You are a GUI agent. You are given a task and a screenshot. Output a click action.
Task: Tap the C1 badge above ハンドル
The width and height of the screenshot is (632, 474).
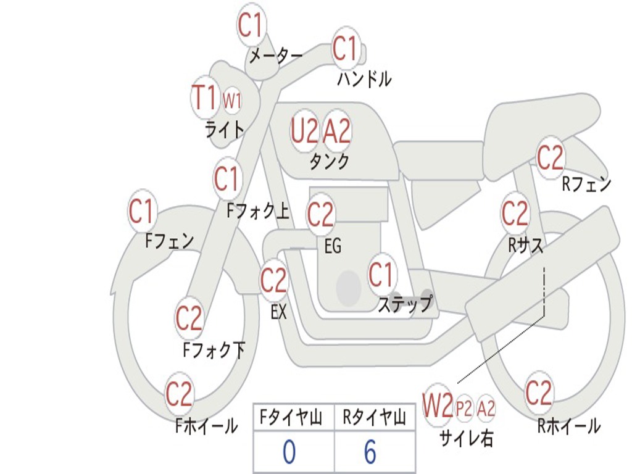coord(346,48)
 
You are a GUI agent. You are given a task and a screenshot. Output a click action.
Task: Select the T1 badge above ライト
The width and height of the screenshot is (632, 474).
coord(204,97)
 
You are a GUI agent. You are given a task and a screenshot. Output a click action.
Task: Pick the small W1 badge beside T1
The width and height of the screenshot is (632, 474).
coord(231,100)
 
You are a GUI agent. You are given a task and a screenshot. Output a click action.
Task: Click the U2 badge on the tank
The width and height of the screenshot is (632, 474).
coord(304,130)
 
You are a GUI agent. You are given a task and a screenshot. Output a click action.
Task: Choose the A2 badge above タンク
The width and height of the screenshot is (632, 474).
coord(337,130)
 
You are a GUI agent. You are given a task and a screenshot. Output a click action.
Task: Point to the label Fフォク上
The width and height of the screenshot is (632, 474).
coord(258,212)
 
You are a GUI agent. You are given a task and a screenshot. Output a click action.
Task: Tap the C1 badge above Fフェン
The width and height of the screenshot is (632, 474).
coord(141,212)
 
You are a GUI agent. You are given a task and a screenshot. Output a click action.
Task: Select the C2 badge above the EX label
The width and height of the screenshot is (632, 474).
coord(273,281)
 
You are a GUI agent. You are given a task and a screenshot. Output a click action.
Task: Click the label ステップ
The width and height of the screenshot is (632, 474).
coord(404,304)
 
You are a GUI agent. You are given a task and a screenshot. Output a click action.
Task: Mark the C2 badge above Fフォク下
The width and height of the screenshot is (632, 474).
coord(189,318)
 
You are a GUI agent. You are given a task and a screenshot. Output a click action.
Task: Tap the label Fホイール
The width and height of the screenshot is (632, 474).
coord(206,425)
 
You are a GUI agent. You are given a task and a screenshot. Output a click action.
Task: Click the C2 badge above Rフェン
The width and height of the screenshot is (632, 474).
coord(550,157)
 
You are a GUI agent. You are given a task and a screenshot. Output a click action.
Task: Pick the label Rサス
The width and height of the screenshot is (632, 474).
coord(525,245)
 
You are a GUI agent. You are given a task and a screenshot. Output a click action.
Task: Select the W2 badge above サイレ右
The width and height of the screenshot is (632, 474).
coord(438,405)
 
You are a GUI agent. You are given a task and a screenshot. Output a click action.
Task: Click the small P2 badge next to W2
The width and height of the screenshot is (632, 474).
coord(464,408)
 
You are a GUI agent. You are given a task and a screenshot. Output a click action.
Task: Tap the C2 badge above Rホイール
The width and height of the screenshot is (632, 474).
coord(538,393)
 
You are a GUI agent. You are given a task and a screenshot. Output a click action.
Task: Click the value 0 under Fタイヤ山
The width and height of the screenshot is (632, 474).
coord(289,452)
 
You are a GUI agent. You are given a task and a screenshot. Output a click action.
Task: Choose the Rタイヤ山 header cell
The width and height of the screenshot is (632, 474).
coord(375,418)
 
